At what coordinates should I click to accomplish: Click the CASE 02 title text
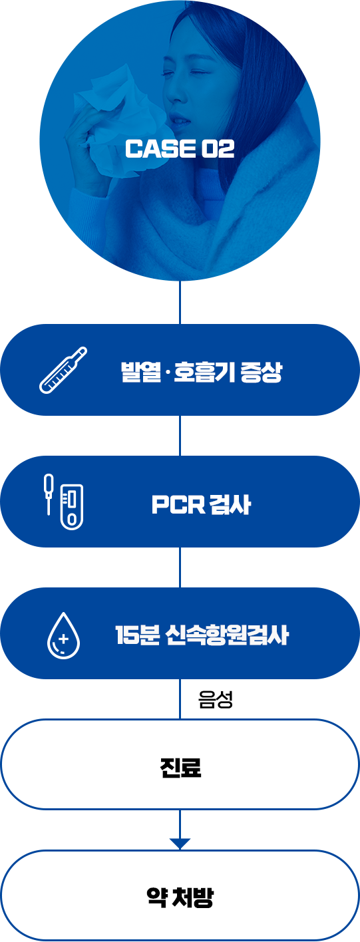pos(180,149)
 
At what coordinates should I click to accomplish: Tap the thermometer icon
pos(63,370)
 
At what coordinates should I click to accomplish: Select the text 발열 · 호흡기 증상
pos(202,371)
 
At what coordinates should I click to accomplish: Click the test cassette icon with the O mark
pos(72,507)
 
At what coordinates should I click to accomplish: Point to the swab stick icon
pos(49,494)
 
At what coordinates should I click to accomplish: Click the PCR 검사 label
pos(201,504)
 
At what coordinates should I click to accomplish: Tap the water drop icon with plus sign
pos(63,635)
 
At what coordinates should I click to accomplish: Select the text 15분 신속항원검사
pos(202,635)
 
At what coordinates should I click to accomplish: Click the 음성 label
pos(216,700)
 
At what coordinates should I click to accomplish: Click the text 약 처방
pos(180,897)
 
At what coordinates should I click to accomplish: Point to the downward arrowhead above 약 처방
pos(180,843)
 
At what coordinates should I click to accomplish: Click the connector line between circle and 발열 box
pos(180,302)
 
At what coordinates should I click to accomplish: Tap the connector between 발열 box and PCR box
pos(180,436)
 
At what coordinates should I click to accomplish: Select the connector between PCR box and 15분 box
pos(180,567)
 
